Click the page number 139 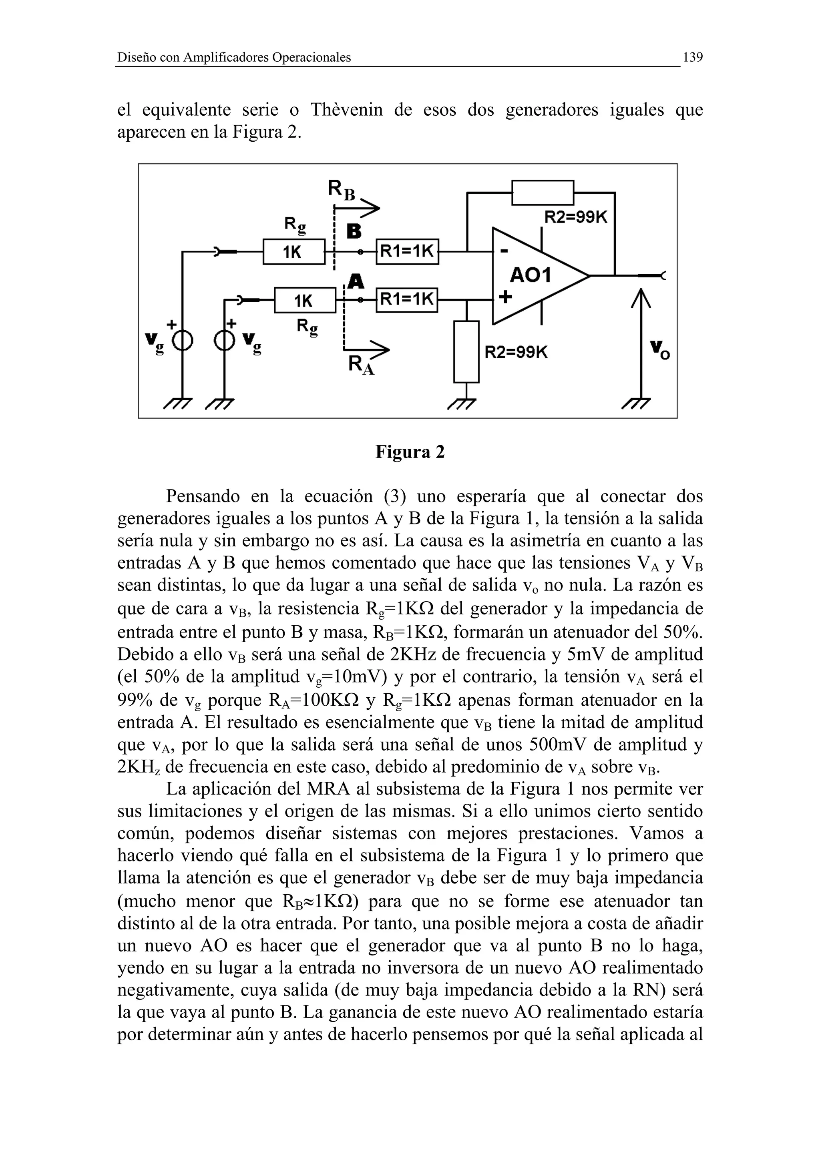[692, 57]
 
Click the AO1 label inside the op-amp [530, 276]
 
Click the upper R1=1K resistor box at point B [407, 251]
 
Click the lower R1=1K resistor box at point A [407, 300]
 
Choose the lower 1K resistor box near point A [305, 301]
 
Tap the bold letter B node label [354, 232]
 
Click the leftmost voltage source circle [183, 343]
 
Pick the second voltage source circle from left [224, 343]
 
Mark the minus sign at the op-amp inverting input [504, 251]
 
